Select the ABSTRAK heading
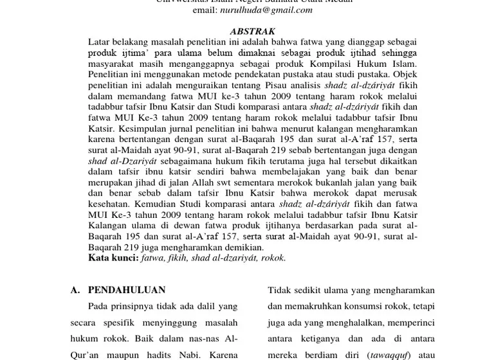click(252, 32)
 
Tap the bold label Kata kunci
click(113, 258)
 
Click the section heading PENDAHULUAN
click(127, 290)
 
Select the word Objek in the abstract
click(402, 75)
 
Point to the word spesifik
click(129, 323)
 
